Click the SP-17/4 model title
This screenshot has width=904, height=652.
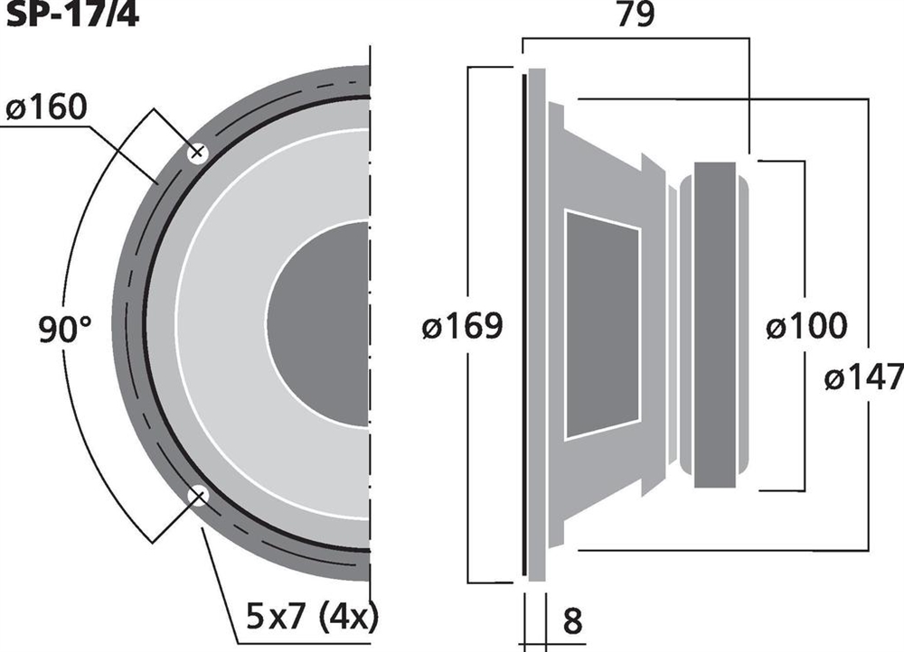tap(72, 14)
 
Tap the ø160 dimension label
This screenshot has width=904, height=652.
tap(47, 107)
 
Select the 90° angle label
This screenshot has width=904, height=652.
tap(65, 329)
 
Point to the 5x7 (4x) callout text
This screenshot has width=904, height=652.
tap(312, 616)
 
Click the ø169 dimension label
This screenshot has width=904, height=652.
tap(462, 326)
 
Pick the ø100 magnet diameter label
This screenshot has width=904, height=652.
tap(806, 325)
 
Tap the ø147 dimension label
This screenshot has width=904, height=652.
tap(863, 377)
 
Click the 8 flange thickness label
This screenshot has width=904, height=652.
tap(572, 621)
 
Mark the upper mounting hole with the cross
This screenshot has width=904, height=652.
tap(197, 153)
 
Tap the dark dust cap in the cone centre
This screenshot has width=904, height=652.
tap(317, 323)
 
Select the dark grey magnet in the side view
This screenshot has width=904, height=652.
tap(715, 325)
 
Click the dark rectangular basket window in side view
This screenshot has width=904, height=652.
tap(602, 325)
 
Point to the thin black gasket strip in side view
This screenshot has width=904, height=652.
tap(524, 324)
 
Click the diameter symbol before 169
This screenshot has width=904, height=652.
tap(432, 327)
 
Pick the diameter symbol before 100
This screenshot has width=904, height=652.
tap(776, 327)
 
